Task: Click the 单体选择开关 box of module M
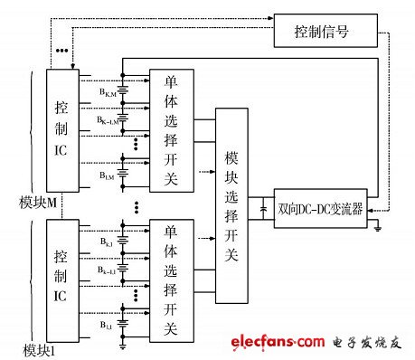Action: pos(171,129)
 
